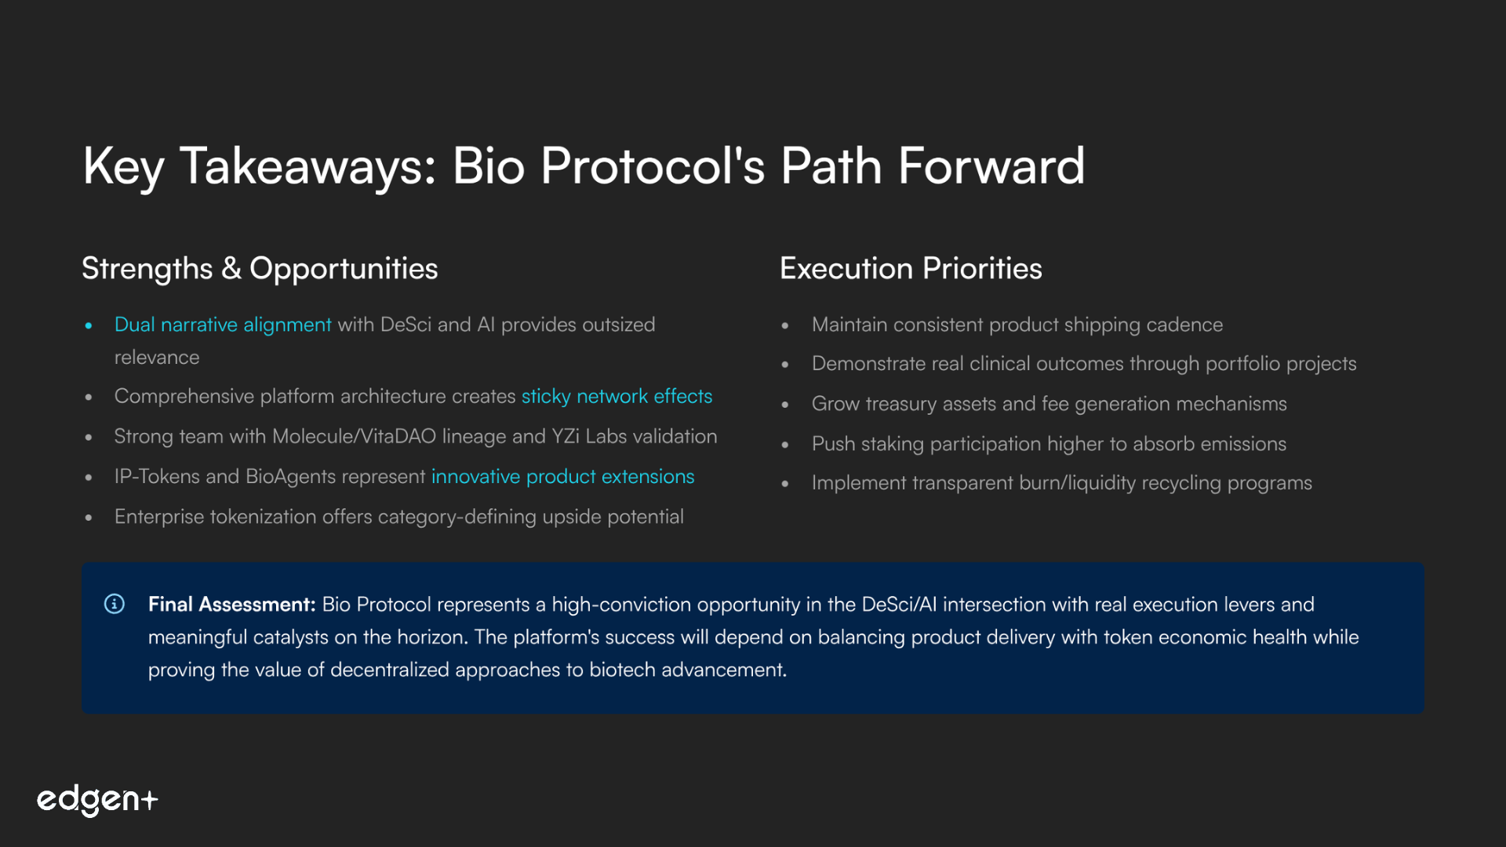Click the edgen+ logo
(x=97, y=800)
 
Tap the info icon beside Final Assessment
(x=115, y=604)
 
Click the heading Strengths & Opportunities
(x=260, y=269)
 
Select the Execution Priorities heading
(x=911, y=269)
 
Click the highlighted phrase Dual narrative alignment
(x=223, y=325)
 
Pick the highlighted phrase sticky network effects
(x=617, y=397)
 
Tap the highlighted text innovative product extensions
(x=562, y=477)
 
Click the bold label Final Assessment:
(x=231, y=605)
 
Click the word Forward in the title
(x=991, y=166)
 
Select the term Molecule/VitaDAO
(x=354, y=437)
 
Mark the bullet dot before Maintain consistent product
(x=785, y=325)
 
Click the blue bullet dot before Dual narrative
(x=89, y=325)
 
